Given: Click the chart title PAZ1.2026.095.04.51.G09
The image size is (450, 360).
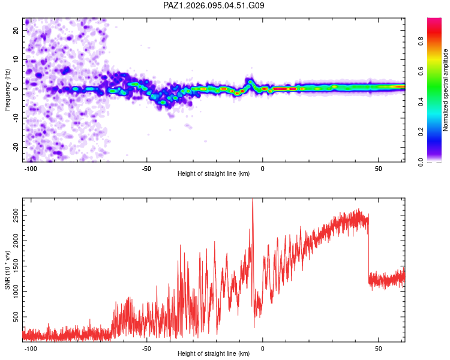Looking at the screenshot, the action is pyautogui.click(x=214, y=5).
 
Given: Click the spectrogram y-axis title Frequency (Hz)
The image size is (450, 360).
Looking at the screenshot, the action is pyautogui.click(x=7, y=90).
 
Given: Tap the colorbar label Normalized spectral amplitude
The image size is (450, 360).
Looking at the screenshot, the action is pyautogui.click(x=445, y=90).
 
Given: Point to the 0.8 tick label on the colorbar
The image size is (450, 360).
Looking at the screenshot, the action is pyautogui.click(x=421, y=41).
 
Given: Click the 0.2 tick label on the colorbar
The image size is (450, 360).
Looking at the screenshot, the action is pyautogui.click(x=421, y=132).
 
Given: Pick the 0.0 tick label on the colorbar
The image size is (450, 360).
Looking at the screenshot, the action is pyautogui.click(x=421, y=162).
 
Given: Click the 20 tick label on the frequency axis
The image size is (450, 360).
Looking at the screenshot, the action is pyautogui.click(x=16, y=31).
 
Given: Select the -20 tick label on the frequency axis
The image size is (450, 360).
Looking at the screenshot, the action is pyautogui.click(x=16, y=147).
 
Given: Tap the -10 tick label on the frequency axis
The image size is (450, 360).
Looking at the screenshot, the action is pyautogui.click(x=16, y=118).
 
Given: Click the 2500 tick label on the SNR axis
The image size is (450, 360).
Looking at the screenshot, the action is pyautogui.click(x=16, y=215).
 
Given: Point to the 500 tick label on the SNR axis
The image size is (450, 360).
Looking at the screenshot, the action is pyautogui.click(x=16, y=317).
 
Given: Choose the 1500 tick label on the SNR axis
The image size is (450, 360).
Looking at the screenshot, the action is pyautogui.click(x=16, y=266).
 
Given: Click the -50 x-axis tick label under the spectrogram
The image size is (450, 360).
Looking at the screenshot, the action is pyautogui.click(x=146, y=169).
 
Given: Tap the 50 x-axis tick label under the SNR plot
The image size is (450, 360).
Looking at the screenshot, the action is pyautogui.click(x=378, y=349).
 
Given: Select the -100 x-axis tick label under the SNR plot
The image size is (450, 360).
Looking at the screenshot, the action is pyautogui.click(x=31, y=349).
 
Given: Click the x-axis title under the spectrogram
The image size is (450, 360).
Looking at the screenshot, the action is pyautogui.click(x=214, y=173).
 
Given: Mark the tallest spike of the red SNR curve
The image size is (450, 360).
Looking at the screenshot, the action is pyautogui.click(x=253, y=199).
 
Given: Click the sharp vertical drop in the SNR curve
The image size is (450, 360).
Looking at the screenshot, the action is pyautogui.click(x=369, y=248).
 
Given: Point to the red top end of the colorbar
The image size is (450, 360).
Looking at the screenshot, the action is pyautogui.click(x=434, y=19).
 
